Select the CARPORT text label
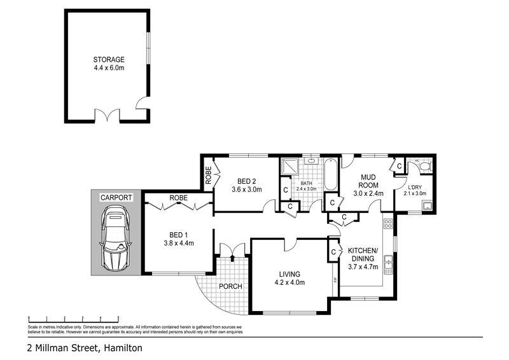tap(116, 198)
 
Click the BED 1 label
tap(178, 233)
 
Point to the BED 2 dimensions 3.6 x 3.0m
tap(246, 189)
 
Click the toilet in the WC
tap(427, 167)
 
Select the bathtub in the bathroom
tap(330, 176)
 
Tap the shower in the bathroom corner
tap(289, 167)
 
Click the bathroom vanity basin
tap(311, 162)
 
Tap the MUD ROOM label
tap(369, 181)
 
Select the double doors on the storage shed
tap(107, 116)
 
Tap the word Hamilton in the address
tap(120, 348)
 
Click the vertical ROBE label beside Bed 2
tap(208, 176)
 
